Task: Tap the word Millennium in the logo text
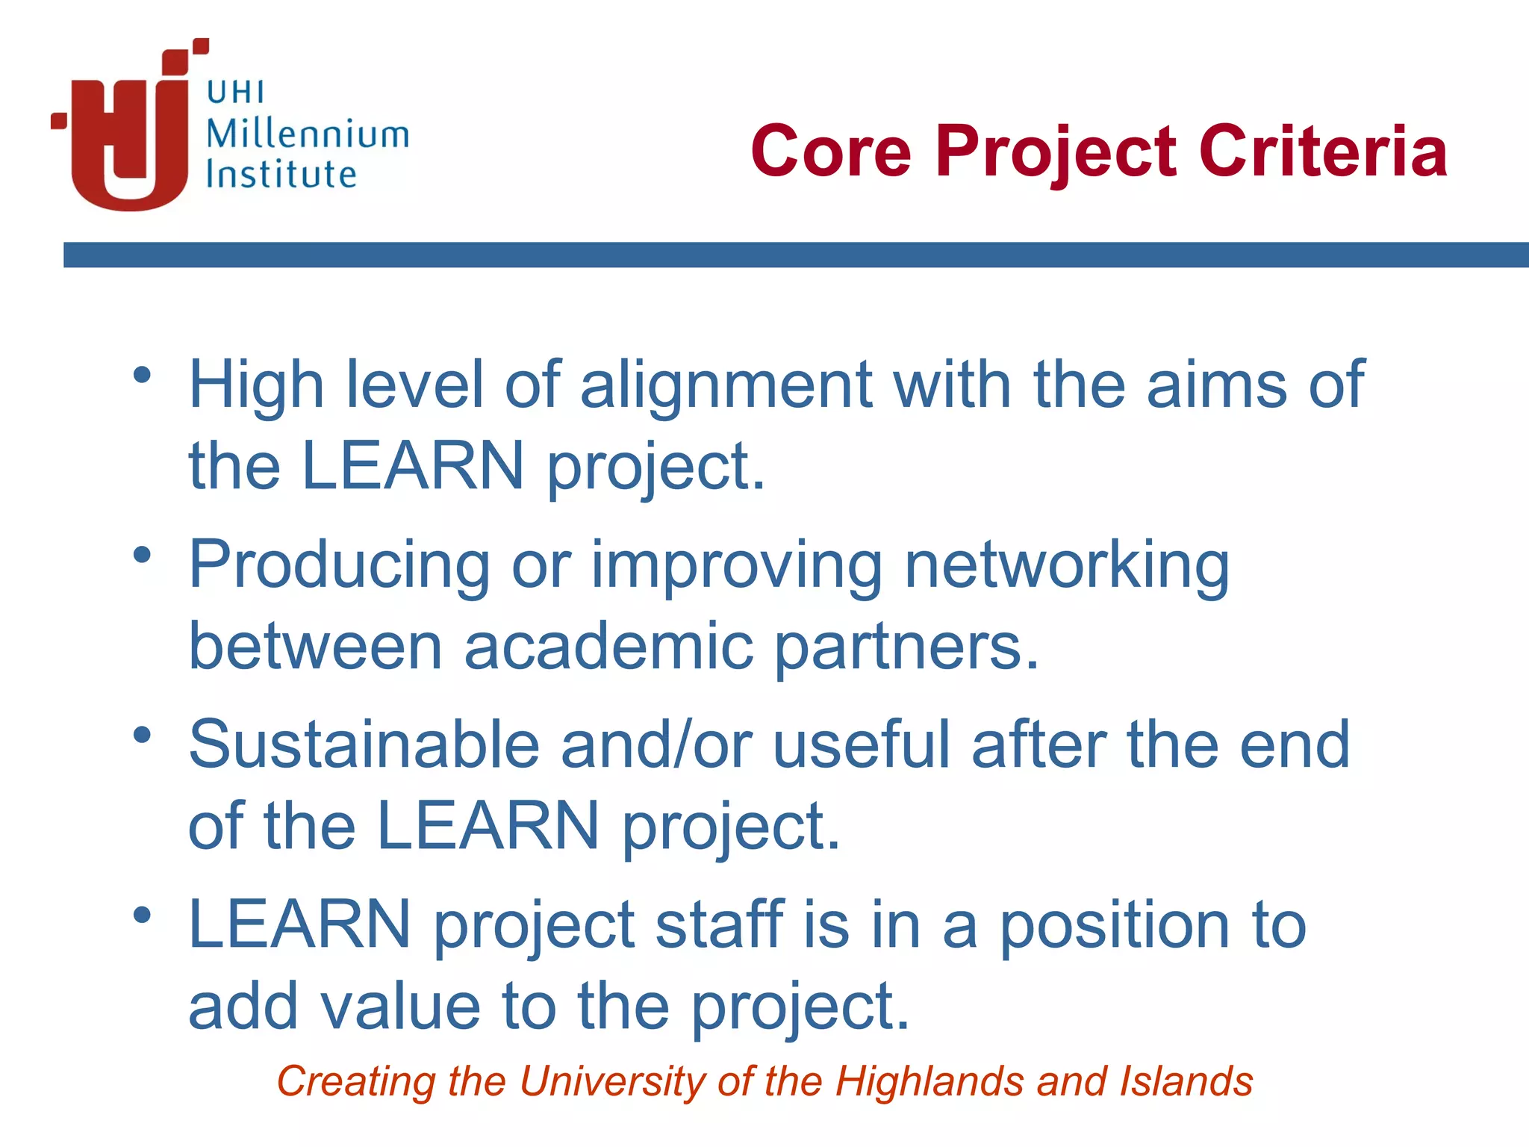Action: (x=307, y=134)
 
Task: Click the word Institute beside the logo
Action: (x=281, y=175)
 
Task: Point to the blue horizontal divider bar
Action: (x=796, y=255)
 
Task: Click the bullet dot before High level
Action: (x=143, y=375)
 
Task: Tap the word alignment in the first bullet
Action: (x=726, y=385)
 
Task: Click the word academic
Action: (x=608, y=647)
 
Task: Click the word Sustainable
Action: (x=364, y=745)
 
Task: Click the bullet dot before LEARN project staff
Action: (x=143, y=915)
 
